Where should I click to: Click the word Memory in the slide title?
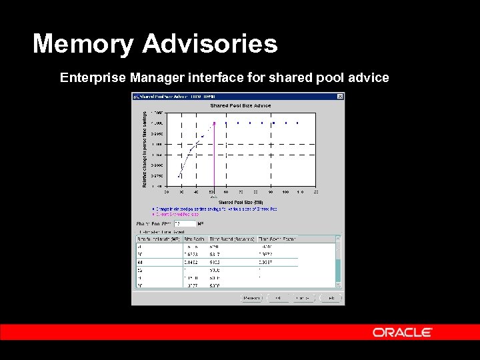[83, 44]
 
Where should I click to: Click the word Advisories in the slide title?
[209, 44]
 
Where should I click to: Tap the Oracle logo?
[402, 332]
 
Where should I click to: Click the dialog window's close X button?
[341, 96]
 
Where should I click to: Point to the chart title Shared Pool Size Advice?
[241, 105]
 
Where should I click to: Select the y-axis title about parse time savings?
[145, 149]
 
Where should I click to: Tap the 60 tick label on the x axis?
[227, 192]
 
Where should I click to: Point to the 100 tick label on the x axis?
[286, 192]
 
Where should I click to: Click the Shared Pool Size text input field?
[185, 223]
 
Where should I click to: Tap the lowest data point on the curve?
[179, 176]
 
